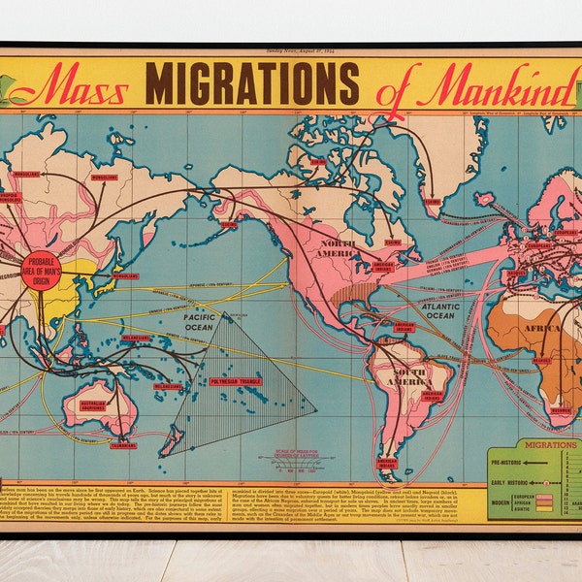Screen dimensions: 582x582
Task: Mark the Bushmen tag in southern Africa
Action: pos(562,410)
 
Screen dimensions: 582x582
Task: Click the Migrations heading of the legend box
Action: pos(549,444)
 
